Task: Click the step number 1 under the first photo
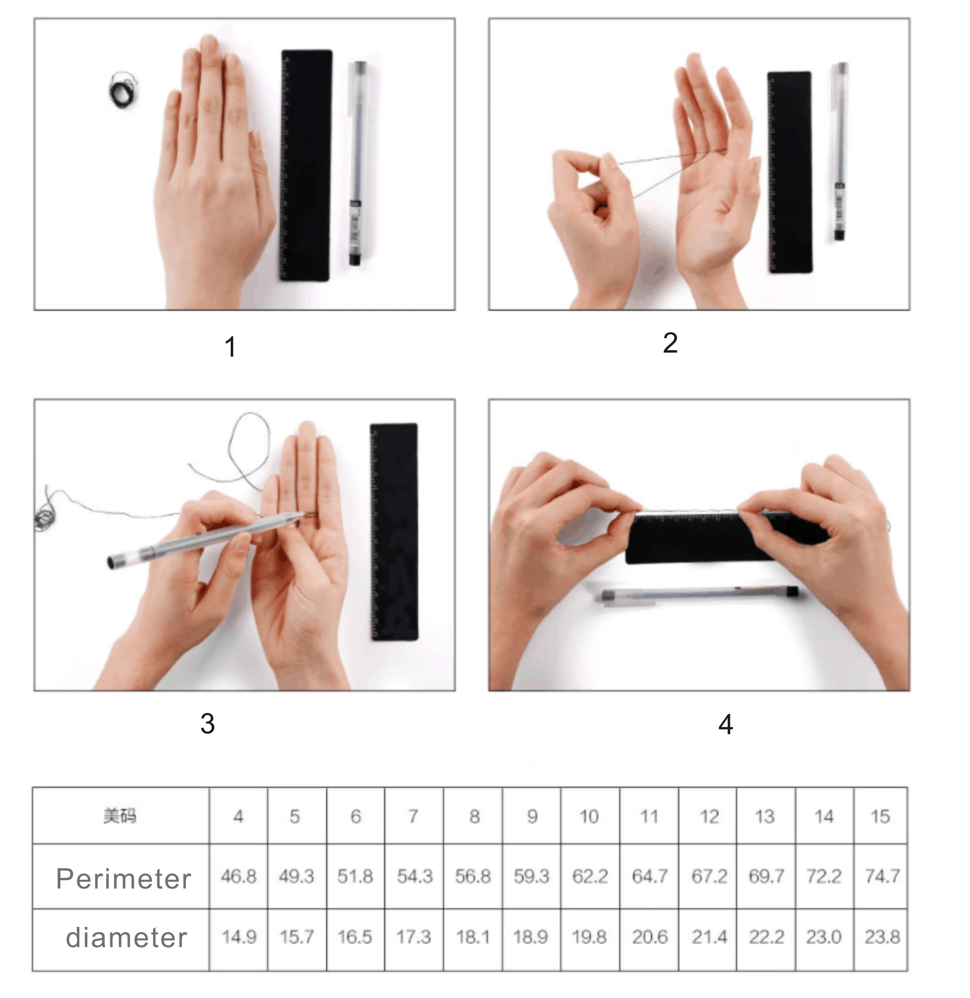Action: pyautogui.click(x=230, y=347)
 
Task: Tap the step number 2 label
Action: pyautogui.click(x=670, y=343)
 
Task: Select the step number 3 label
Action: pyautogui.click(x=207, y=723)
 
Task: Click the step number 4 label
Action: pyautogui.click(x=725, y=724)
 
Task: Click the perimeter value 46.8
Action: pyautogui.click(x=238, y=876)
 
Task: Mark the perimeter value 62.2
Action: pyautogui.click(x=590, y=876)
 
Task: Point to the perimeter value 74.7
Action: pyautogui.click(x=882, y=876)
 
